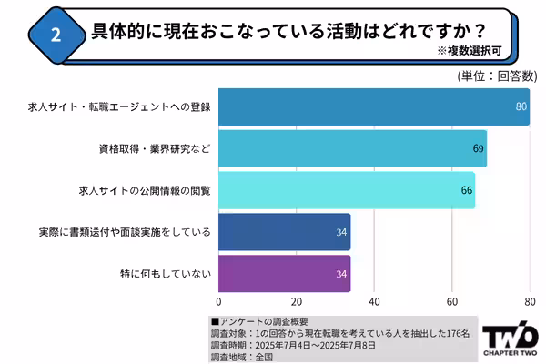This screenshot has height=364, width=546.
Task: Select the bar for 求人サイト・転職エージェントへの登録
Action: [373, 106]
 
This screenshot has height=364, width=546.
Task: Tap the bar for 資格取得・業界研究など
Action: [352, 148]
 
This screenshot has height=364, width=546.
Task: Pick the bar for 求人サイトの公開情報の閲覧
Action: [346, 190]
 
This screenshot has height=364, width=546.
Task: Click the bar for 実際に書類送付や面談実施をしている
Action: [284, 232]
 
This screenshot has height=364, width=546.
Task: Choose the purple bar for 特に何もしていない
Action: [284, 274]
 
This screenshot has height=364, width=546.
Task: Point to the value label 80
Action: [521, 107]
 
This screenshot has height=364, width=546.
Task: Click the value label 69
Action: [478, 148]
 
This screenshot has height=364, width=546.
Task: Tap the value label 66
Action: [467, 190]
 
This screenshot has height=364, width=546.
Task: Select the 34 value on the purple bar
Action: [341, 274]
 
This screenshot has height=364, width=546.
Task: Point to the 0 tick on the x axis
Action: [218, 301]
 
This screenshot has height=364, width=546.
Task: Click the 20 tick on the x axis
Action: [297, 301]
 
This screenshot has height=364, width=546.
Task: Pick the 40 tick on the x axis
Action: [374, 301]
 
